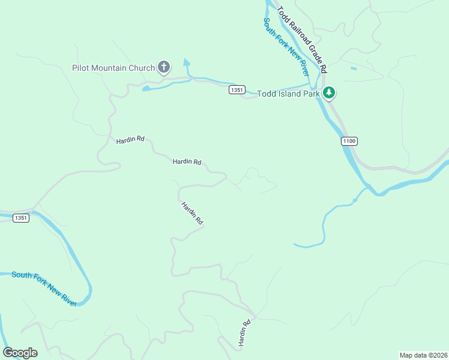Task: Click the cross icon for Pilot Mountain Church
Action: (164, 67)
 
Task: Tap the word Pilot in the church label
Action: (81, 68)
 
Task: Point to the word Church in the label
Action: (142, 68)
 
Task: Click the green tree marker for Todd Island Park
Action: (328, 93)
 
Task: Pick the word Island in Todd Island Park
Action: (289, 94)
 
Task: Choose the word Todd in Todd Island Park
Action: (266, 94)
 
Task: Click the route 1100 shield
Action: (349, 141)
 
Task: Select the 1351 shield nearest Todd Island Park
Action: (237, 90)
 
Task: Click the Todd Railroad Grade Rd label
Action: (301, 38)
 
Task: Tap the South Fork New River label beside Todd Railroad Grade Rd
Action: (285, 46)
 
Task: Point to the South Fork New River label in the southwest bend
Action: (45, 289)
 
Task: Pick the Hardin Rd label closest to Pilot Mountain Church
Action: (130, 139)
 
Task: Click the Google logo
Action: (20, 353)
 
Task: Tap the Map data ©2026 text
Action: (423, 355)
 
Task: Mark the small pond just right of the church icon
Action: (186, 62)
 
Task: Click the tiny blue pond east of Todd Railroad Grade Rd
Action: (353, 68)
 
